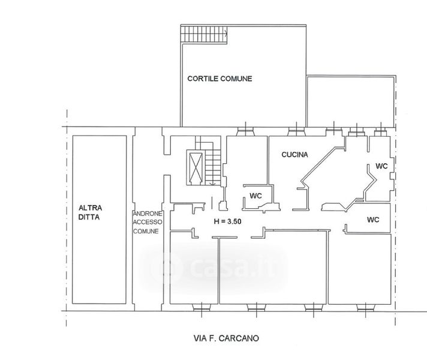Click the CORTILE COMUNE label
219,79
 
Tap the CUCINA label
294,155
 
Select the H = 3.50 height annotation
227,221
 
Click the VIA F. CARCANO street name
226,338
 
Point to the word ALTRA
91,208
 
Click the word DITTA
89,217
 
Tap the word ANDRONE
148,214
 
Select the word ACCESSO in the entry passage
148,222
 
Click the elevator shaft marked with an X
196,167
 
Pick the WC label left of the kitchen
255,196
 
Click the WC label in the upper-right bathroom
381,166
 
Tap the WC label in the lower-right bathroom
373,220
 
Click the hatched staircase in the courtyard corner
204,34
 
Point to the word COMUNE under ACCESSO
146,231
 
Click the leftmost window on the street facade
202,307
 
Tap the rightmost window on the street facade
366,307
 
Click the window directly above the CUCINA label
296,131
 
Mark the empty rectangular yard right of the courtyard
350,101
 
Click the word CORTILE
203,79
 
